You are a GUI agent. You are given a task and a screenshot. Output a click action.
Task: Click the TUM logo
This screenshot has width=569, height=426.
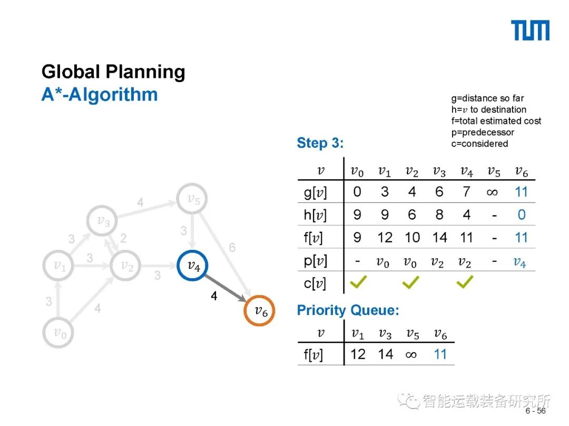tap(530, 31)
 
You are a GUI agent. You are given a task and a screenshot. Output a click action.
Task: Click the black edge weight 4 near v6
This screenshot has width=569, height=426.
tap(213, 297)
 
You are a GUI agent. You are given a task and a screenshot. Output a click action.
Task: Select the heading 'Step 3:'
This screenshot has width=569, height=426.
tap(320, 143)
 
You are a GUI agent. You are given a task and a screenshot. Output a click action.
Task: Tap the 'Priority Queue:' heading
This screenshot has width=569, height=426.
tap(348, 310)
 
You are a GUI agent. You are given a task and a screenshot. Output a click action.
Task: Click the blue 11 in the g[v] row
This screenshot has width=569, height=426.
tap(521, 192)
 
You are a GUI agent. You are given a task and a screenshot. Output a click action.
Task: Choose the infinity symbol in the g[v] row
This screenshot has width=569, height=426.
tap(493, 192)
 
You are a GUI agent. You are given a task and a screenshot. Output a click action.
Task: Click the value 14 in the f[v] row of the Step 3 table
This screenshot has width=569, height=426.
tap(439, 238)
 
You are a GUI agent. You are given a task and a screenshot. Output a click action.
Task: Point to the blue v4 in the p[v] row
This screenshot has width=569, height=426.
tap(520, 261)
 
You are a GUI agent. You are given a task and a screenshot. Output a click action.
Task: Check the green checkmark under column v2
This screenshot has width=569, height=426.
tap(411, 283)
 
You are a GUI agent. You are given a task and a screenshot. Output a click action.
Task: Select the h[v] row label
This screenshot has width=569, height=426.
tap(316, 215)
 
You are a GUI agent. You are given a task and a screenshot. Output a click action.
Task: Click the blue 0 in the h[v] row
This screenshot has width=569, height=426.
tap(521, 215)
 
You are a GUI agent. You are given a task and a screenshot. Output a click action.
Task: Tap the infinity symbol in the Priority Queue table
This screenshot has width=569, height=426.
tap(411, 354)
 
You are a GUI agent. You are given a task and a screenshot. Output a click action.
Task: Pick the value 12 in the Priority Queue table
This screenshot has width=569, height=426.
tap(358, 354)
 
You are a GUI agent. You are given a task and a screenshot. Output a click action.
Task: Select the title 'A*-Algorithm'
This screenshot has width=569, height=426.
tap(100, 95)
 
